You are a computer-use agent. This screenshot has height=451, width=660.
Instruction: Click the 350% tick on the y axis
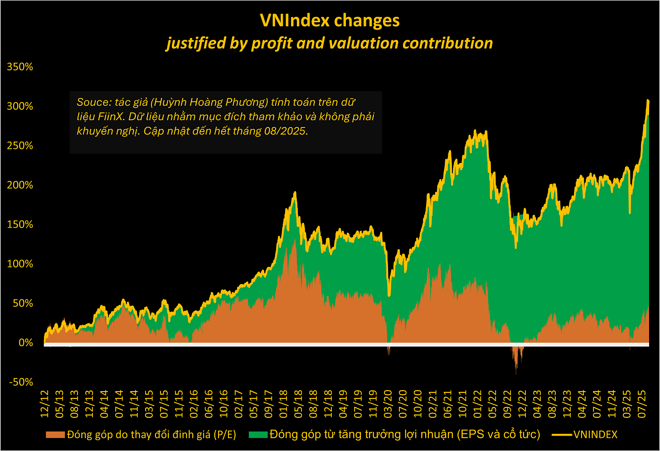20,67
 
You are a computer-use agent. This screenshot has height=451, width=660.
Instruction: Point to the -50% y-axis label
20,382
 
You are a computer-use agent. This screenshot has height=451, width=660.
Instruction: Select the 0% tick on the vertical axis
25,343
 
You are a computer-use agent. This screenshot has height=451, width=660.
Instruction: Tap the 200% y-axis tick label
20,185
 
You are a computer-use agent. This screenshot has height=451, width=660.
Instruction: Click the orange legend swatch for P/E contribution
55,435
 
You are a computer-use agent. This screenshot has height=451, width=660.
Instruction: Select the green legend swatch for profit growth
258,435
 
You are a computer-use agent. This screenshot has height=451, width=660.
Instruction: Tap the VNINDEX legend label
595,435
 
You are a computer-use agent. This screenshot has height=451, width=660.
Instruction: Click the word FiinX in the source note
110,117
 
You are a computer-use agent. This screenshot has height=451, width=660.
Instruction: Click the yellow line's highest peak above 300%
648,100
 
